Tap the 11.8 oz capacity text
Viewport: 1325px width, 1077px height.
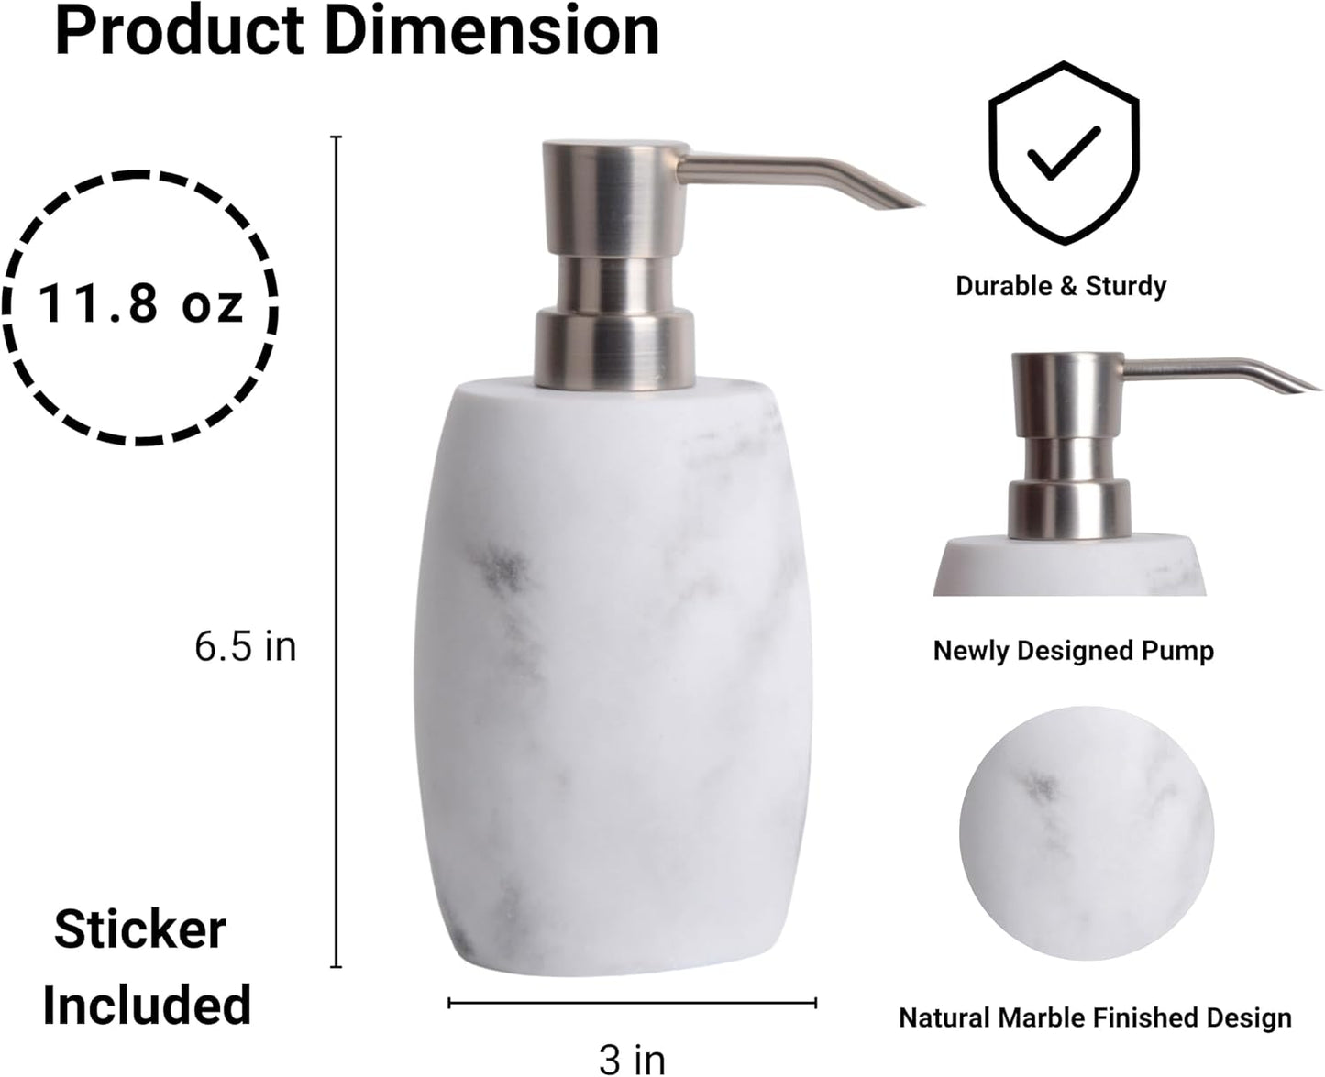[x=140, y=304]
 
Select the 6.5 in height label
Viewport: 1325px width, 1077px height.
[x=246, y=647]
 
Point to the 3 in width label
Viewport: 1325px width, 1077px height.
[x=632, y=1059]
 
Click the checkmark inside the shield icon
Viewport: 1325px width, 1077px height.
[x=1064, y=152]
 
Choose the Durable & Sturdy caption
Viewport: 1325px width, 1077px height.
[x=1061, y=286]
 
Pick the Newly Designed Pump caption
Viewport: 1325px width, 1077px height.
[x=1073, y=651]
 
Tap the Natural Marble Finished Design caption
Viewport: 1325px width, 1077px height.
[x=1095, y=1017]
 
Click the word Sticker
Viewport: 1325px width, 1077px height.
[x=140, y=929]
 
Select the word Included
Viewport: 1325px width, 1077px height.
[x=147, y=1005]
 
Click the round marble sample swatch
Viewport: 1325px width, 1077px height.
[x=1087, y=832]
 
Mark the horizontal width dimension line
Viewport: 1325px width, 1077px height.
[x=632, y=1003]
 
